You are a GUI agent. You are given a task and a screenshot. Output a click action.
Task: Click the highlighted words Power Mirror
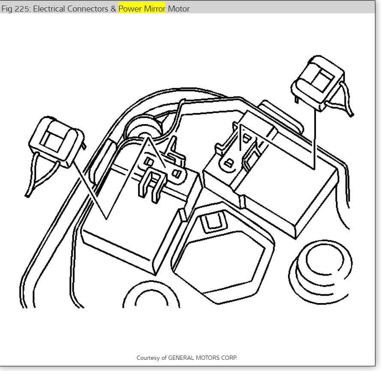point(142,9)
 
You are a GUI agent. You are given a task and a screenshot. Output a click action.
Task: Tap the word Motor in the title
point(178,9)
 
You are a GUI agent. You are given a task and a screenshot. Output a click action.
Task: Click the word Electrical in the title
point(51,9)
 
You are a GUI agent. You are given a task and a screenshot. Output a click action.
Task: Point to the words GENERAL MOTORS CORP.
point(202,357)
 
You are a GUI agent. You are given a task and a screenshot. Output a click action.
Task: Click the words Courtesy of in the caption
point(151,357)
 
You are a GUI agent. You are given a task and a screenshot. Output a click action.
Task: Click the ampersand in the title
point(114,9)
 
